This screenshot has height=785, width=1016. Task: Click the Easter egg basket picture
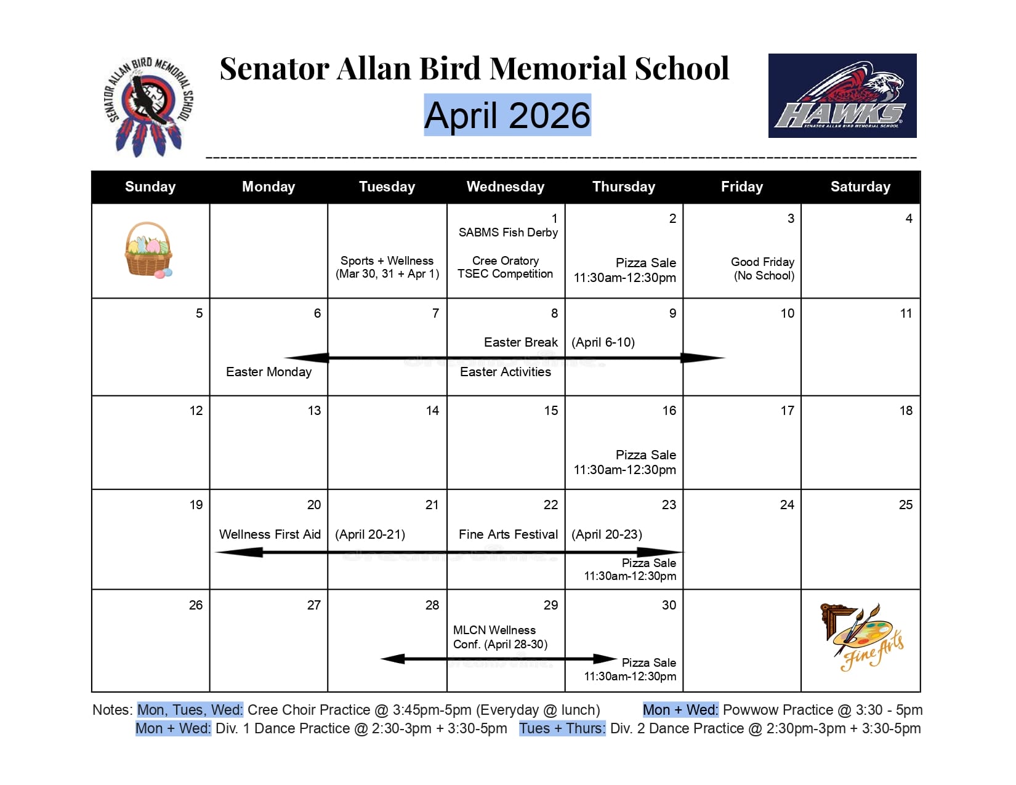(148, 250)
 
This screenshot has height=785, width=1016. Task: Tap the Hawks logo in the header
(842, 95)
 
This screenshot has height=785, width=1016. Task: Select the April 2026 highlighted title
(507, 115)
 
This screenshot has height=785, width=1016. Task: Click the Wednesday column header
(505, 187)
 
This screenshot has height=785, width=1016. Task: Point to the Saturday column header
(860, 187)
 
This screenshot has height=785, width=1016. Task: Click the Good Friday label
(762, 262)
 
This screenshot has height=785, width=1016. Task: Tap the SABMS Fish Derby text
(508, 232)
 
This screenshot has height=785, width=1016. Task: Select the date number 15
(550, 411)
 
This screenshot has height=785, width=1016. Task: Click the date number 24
(786, 505)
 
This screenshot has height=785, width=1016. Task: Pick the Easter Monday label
(268, 372)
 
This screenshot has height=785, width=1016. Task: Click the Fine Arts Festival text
(508, 534)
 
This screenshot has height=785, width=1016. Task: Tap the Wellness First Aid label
(270, 534)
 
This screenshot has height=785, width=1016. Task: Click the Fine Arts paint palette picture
(862, 637)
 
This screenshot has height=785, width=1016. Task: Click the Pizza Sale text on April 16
(645, 455)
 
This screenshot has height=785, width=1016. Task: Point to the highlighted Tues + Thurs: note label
(562, 728)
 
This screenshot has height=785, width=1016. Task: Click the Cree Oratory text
(505, 261)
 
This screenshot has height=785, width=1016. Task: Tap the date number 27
(313, 605)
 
